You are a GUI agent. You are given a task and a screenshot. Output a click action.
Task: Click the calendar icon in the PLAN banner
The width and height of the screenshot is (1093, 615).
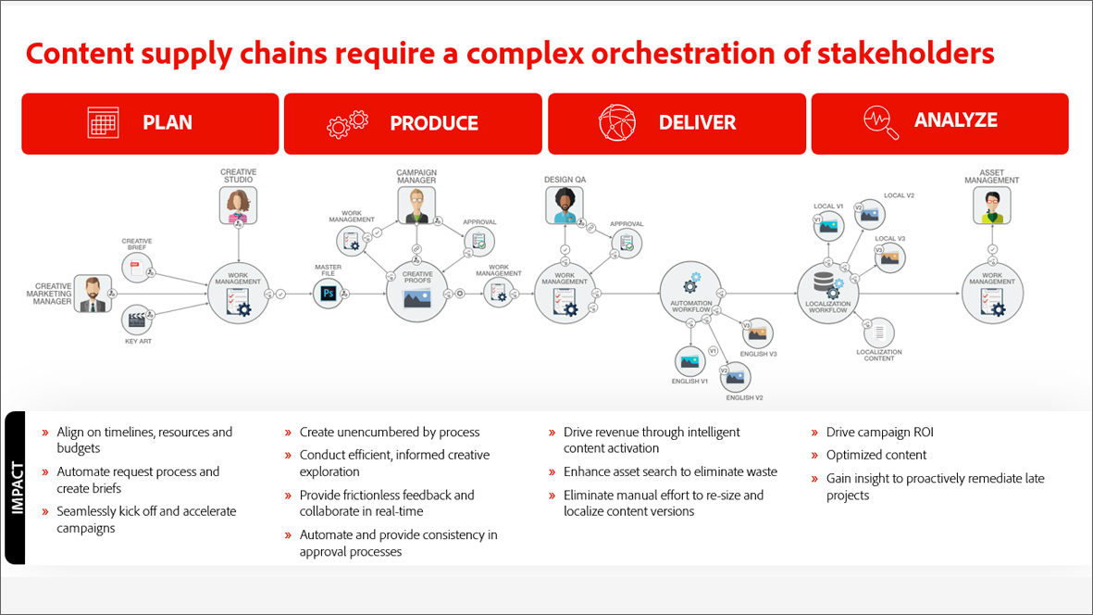[104, 123]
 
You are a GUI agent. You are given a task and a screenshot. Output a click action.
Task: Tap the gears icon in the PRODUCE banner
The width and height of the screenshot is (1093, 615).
[348, 123]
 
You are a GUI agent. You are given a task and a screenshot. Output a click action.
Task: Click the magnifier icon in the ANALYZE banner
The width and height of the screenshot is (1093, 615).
[880, 122]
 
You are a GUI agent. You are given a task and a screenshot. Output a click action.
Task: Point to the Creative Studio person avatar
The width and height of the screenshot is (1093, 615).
[239, 204]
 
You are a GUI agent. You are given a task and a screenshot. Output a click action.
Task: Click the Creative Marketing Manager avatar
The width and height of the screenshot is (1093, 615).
[93, 294]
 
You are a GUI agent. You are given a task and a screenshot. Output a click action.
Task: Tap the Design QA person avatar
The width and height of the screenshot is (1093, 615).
[565, 205]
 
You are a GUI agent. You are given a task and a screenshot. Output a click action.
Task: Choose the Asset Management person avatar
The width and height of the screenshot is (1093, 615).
[992, 205]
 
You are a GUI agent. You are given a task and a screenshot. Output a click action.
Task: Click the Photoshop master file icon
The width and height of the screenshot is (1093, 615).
[328, 294]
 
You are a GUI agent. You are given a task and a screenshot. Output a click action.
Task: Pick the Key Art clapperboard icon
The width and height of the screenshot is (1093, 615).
[137, 320]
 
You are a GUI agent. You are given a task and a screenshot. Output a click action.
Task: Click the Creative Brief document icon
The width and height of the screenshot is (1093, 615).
[136, 269]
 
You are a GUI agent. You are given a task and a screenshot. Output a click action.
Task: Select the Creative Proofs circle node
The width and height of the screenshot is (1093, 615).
[416, 292]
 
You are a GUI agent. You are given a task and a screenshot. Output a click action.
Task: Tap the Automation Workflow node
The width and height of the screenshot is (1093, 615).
[690, 294]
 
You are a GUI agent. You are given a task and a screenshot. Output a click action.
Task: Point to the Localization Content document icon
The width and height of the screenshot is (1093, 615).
[879, 332]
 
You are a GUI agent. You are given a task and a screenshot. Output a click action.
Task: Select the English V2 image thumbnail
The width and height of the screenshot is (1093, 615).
[736, 376]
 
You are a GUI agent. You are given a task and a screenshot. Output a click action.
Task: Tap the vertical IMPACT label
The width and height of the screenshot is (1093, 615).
[16, 487]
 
